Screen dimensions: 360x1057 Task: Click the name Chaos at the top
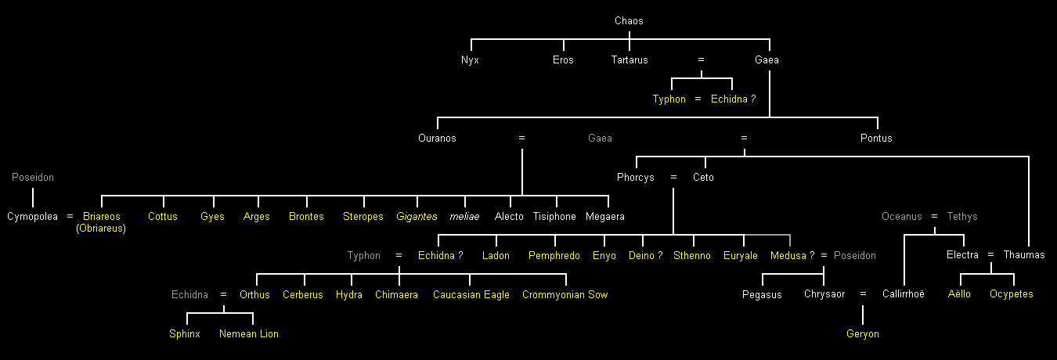tap(629, 21)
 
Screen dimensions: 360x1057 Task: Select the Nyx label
tap(470, 60)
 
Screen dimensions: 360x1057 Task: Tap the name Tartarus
tap(630, 60)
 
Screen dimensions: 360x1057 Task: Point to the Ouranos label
tap(437, 139)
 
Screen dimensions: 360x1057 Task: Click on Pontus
tap(876, 139)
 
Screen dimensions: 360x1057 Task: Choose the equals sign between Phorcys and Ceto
tap(673, 178)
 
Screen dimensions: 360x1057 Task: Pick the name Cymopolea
tap(32, 217)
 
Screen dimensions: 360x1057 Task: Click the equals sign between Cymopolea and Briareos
tap(70, 217)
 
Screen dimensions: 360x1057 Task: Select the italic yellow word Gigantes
tap(417, 217)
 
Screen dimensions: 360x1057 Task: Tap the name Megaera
tap(605, 217)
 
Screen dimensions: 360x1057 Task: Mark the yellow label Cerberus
tap(303, 295)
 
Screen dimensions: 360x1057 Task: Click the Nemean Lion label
tap(249, 334)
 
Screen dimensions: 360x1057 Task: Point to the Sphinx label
tap(185, 334)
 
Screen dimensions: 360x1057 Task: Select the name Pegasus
tap(762, 295)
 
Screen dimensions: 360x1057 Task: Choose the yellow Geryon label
tap(863, 334)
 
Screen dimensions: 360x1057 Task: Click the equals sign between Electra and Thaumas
tap(990, 256)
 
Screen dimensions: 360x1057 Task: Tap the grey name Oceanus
tap(902, 217)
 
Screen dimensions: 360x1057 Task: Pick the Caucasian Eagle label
tap(471, 295)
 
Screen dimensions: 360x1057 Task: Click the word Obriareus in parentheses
tap(101, 229)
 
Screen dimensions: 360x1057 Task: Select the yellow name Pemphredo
tap(554, 256)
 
